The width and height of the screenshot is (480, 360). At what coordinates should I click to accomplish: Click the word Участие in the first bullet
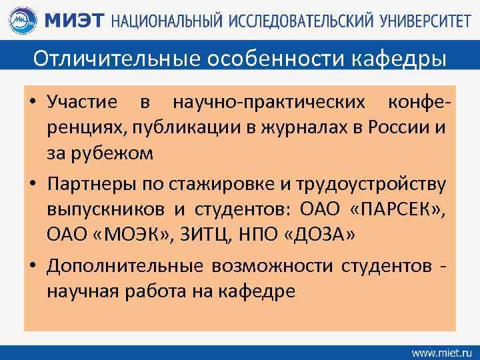click(x=81, y=103)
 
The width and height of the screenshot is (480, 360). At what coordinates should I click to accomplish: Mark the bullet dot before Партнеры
click(x=32, y=184)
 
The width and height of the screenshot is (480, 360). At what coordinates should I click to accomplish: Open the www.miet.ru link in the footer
click(x=440, y=351)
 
